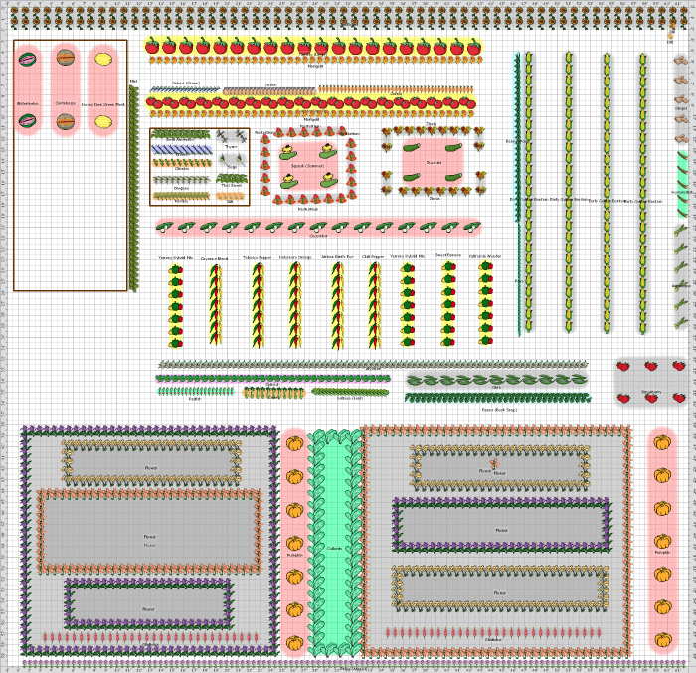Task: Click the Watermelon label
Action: (27, 103)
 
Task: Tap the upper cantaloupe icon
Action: (65, 58)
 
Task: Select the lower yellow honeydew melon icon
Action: (103, 121)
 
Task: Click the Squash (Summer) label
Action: (308, 166)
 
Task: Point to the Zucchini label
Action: (434, 162)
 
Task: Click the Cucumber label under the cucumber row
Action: (318, 236)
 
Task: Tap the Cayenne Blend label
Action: (215, 259)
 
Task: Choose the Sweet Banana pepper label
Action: (448, 255)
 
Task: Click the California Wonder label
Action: (485, 256)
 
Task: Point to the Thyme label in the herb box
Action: (231, 147)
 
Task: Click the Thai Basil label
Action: (231, 185)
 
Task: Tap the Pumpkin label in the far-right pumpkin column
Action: (662, 552)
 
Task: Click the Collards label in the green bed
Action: (334, 548)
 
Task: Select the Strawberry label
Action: (651, 392)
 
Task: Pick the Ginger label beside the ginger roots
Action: (681, 108)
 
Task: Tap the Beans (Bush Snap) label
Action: (499, 409)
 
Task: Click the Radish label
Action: (194, 399)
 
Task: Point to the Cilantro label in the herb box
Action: (181, 169)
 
